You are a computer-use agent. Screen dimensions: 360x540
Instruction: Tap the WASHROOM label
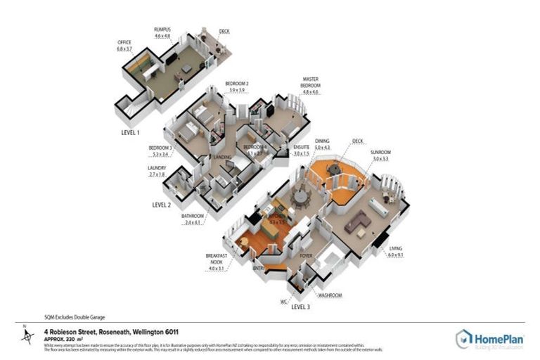[329, 296]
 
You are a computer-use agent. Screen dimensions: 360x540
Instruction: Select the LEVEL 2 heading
[162, 205]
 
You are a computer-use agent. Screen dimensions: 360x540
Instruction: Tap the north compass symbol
[26, 336]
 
